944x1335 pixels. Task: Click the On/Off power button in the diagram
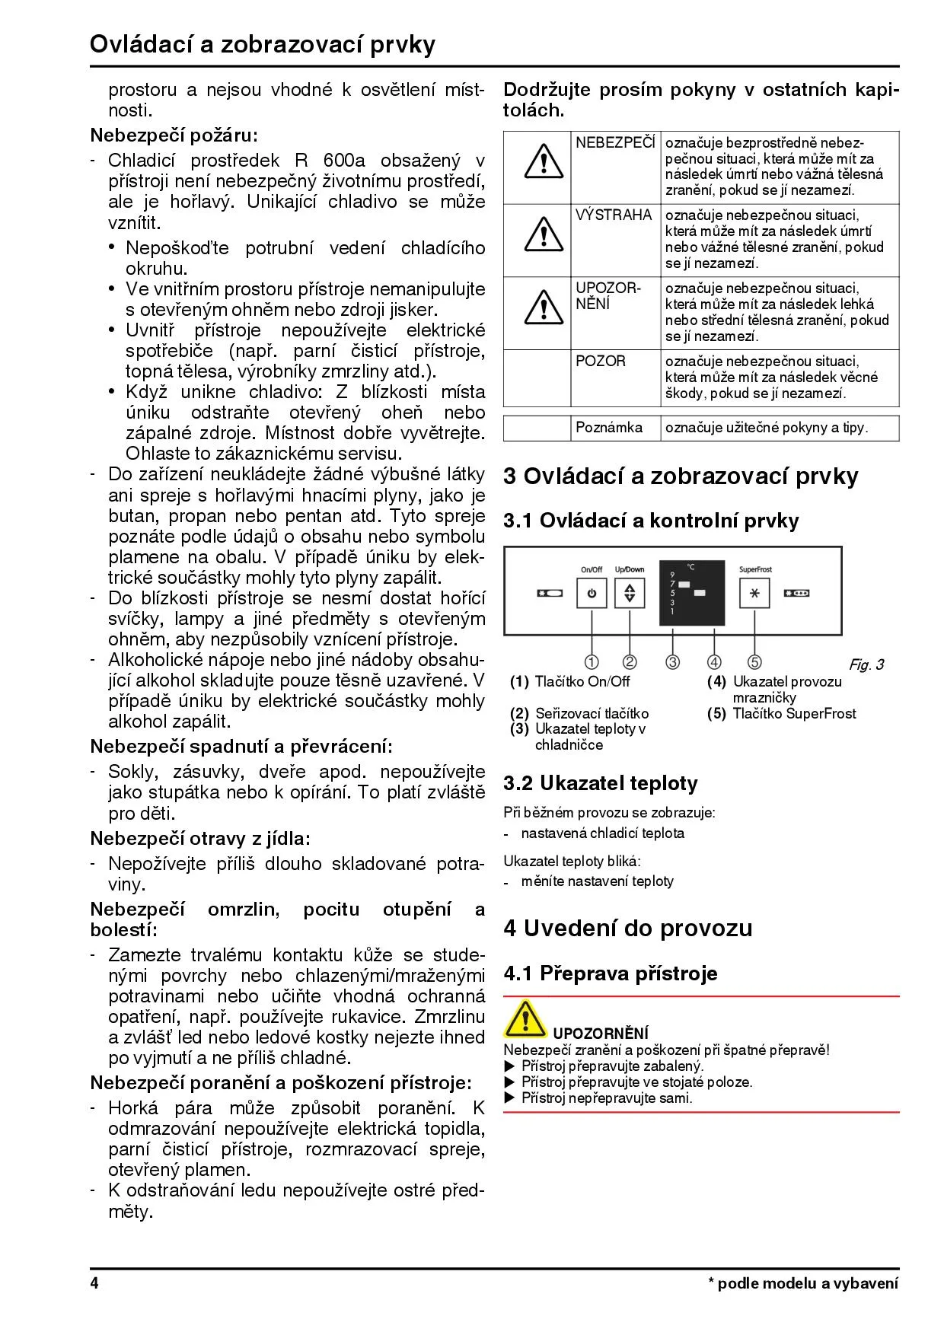[592, 593]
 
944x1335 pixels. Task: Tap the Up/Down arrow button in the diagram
[630, 593]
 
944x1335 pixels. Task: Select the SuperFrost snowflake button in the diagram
[754, 593]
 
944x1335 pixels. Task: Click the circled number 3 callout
[673, 662]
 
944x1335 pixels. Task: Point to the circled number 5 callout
[754, 662]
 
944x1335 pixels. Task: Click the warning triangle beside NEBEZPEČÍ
[544, 161]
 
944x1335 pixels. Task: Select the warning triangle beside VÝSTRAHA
[544, 234]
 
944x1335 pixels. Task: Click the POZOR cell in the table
[601, 362]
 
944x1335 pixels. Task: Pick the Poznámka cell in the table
[609, 428]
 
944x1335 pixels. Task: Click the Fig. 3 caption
[866, 665]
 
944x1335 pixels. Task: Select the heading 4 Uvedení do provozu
[627, 928]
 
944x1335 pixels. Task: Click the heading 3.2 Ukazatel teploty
[600, 783]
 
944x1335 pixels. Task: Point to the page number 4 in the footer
[94, 1284]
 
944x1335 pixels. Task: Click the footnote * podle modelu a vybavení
[803, 1284]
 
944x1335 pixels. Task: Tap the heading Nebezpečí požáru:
[174, 135]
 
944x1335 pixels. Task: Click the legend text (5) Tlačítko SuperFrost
[782, 714]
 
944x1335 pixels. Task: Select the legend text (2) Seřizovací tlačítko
[579, 714]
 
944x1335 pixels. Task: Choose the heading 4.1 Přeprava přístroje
[610, 973]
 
